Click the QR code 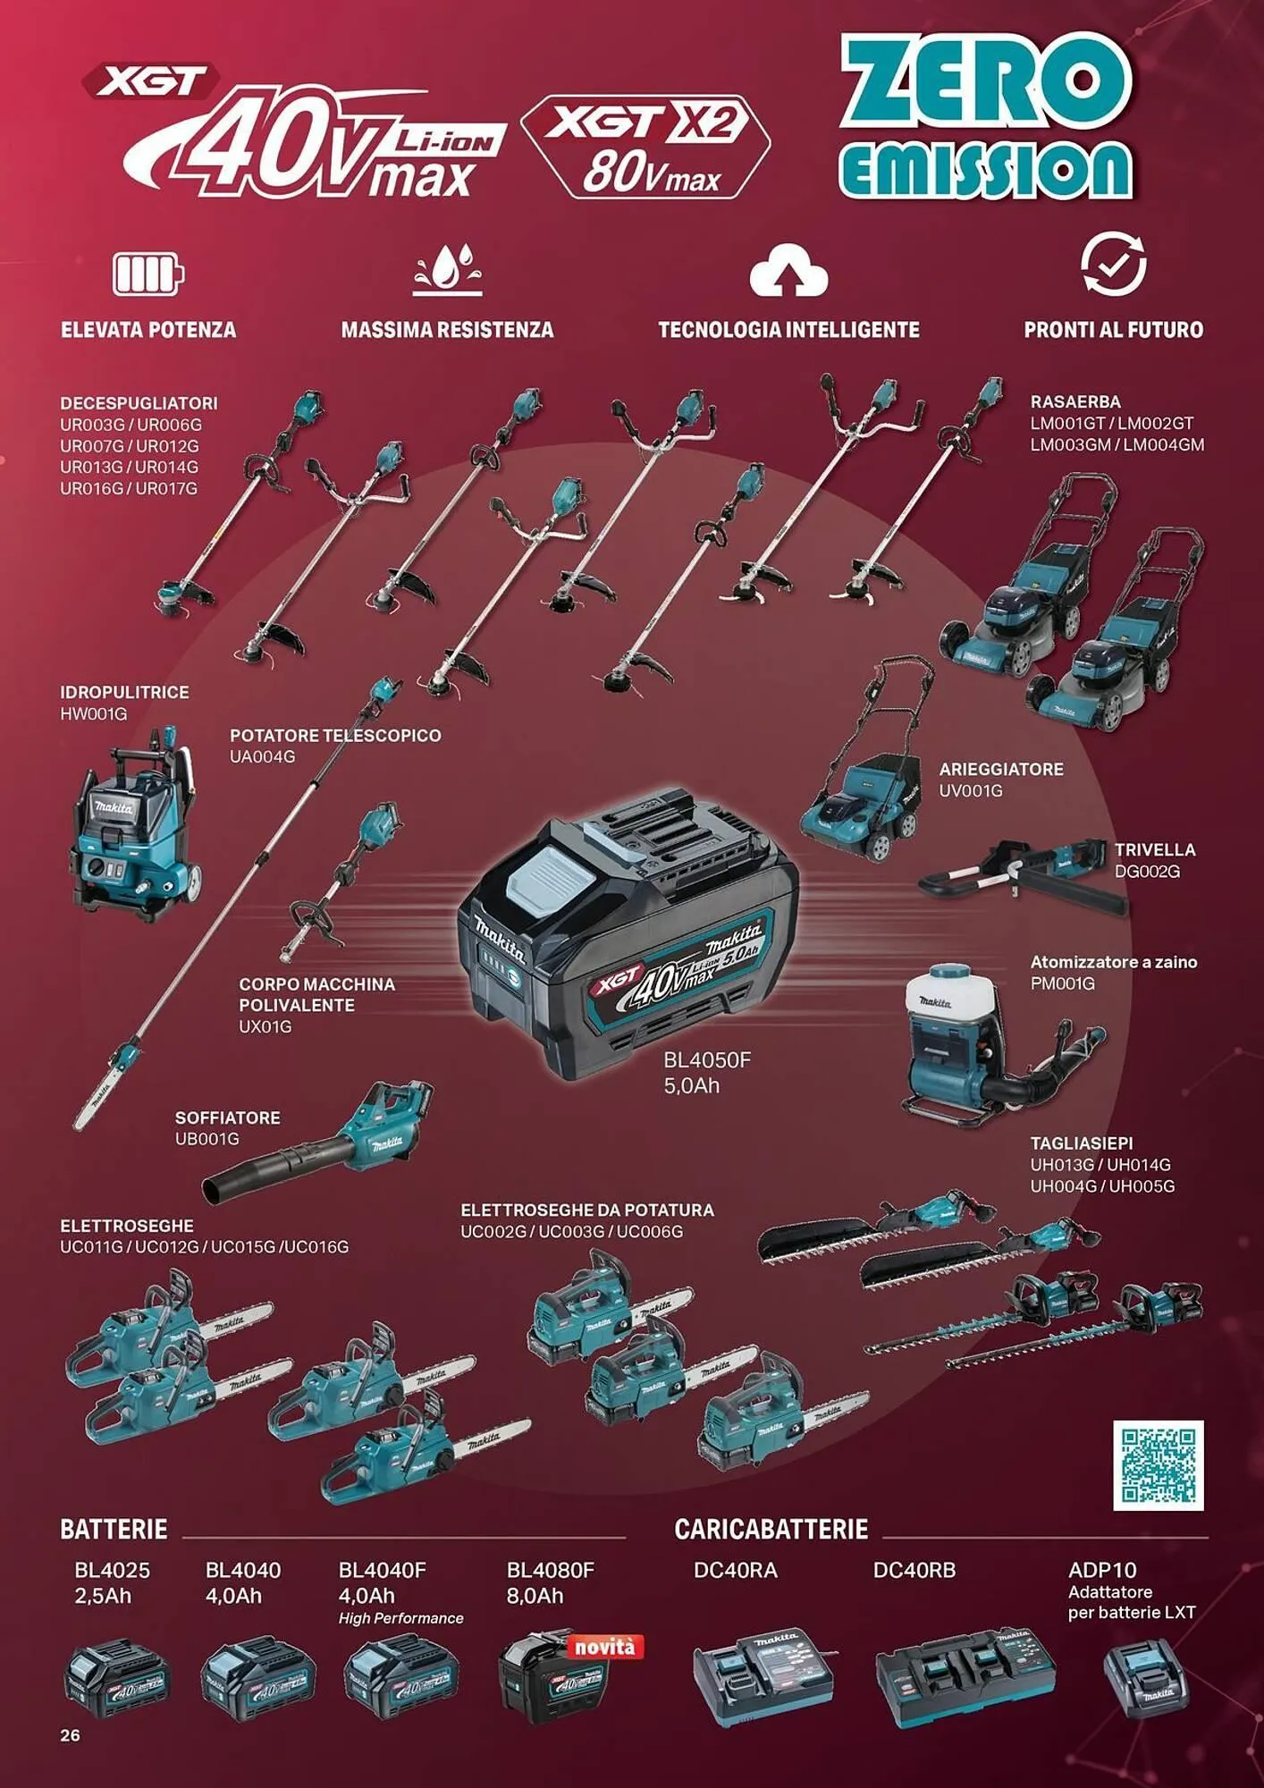[1159, 1463]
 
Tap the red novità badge [605, 1646]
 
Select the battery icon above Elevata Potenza [147, 273]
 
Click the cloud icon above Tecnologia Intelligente [788, 271]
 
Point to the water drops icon [447, 268]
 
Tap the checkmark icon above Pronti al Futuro [1113, 265]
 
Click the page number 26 [70, 1735]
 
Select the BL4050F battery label [706, 1060]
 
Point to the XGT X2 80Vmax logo [645, 146]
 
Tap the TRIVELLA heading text [1154, 849]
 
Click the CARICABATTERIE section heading [771, 1530]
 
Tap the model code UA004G [262, 756]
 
